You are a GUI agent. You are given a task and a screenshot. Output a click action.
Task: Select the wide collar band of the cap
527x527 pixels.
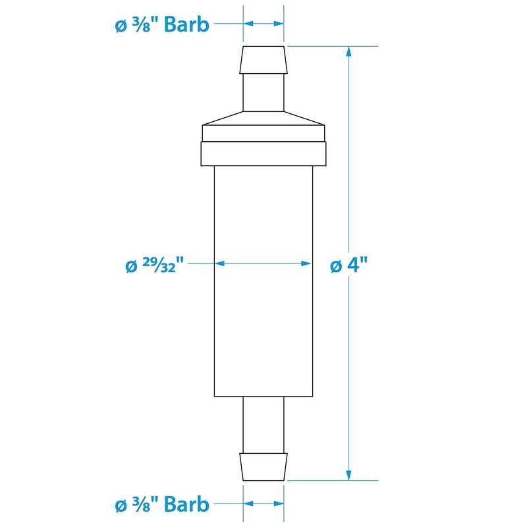(x=263, y=154)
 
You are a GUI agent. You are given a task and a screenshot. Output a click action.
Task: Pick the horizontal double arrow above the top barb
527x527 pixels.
(x=263, y=23)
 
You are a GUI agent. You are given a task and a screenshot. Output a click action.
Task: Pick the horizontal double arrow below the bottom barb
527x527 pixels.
(x=263, y=504)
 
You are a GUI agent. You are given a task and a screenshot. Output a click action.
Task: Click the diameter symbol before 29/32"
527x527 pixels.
(x=130, y=266)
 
